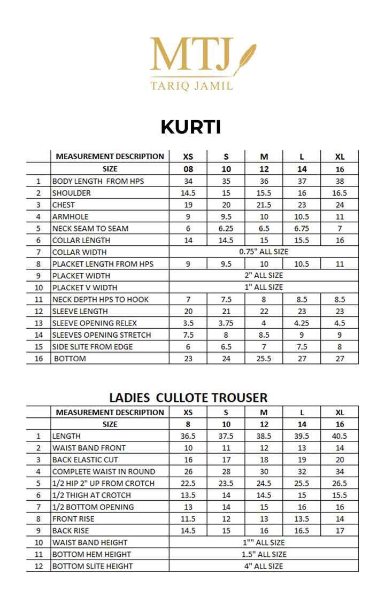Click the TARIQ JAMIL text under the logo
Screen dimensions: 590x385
point(191,86)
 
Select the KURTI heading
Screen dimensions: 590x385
point(191,127)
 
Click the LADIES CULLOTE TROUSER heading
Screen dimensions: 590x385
point(188,398)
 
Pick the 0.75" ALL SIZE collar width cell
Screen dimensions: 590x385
point(264,252)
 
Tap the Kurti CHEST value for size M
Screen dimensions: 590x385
point(264,205)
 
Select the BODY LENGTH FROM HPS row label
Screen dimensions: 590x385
point(98,181)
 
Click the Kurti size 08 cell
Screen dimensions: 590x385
point(188,169)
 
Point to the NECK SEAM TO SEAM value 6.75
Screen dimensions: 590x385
point(302,228)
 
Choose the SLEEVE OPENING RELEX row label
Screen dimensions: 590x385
point(95,323)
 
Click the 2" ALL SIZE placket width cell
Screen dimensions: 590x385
point(264,275)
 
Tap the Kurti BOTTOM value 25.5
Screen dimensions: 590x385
point(264,359)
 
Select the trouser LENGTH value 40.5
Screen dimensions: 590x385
point(340,436)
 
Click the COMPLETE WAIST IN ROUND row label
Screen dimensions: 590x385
point(104,471)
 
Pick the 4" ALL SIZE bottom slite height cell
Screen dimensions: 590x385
point(264,566)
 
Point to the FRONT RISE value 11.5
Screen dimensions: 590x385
point(188,518)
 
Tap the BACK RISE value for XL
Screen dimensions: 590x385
point(340,531)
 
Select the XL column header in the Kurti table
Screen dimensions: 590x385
point(340,157)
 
